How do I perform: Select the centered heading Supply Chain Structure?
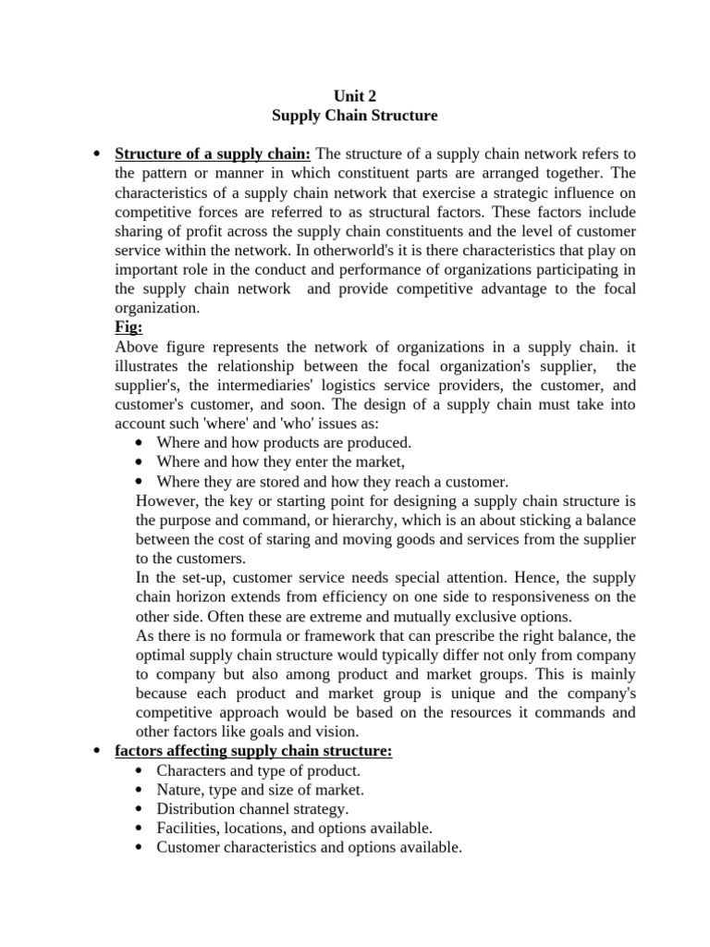[355, 116]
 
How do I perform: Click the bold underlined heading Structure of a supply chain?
[213, 153]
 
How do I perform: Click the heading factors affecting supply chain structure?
[253, 751]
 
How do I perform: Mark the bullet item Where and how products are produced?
[284, 443]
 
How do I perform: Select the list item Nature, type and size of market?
[261, 790]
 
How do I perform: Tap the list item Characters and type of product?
[259, 770]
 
